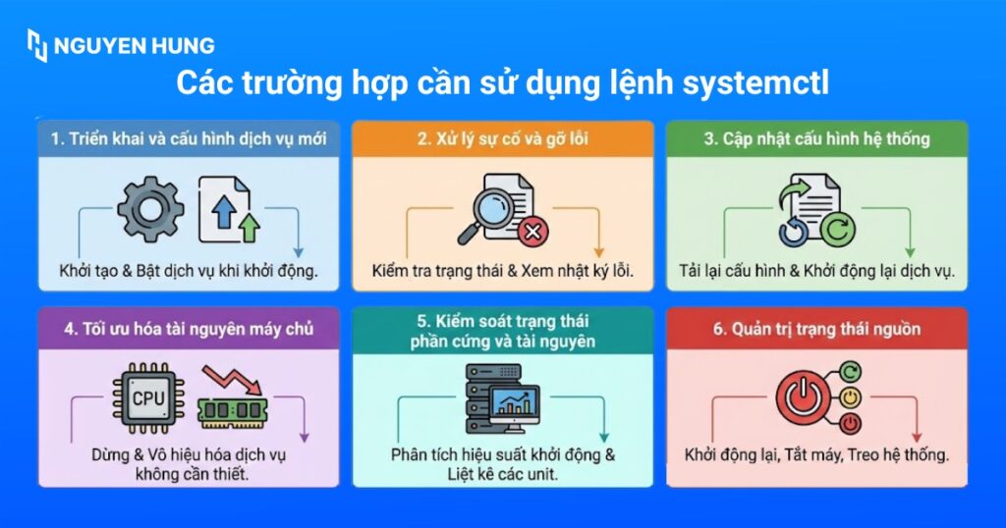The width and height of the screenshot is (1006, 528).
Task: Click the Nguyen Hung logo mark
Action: point(37,45)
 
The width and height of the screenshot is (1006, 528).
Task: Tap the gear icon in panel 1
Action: point(149,209)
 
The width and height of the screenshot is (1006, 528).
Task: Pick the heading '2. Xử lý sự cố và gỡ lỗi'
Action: point(502,139)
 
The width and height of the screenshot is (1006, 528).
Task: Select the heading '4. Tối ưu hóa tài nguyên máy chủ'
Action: point(189,329)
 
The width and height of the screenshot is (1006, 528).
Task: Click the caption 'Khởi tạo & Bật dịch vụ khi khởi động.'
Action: point(188,271)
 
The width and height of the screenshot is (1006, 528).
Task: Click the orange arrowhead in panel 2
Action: point(598,252)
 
